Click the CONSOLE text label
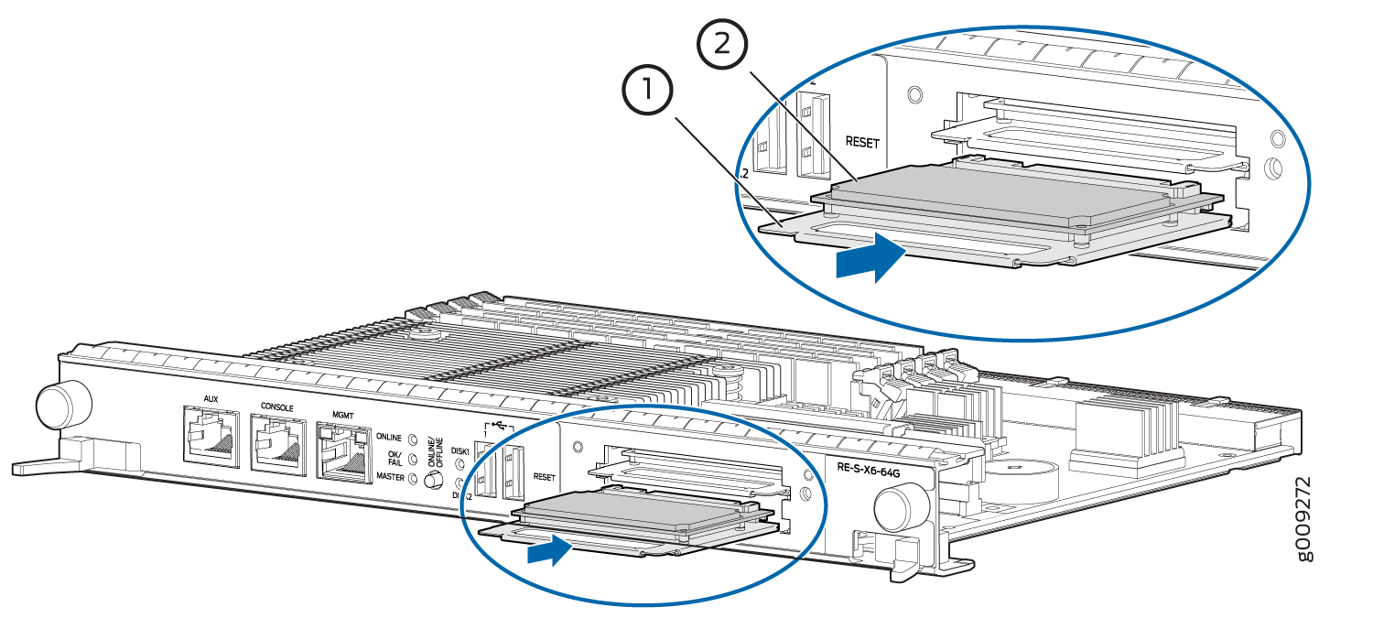277,407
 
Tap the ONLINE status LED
413,439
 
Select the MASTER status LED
413,478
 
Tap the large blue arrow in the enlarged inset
870,258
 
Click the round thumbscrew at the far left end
64,401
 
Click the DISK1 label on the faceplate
461,452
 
